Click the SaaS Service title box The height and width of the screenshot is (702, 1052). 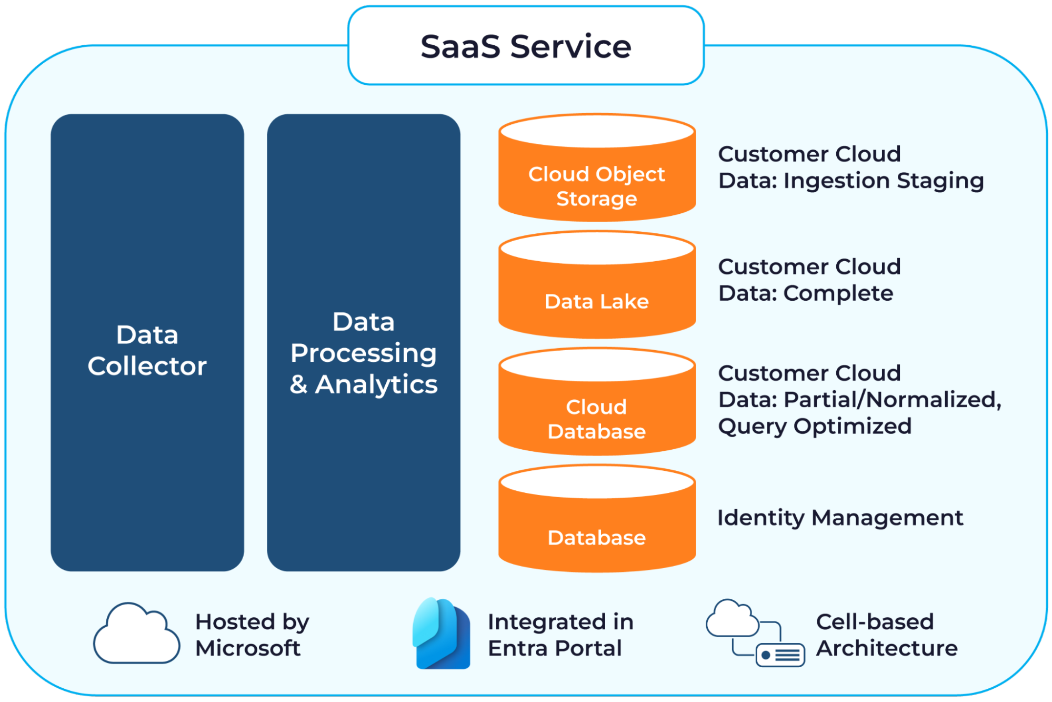(x=526, y=46)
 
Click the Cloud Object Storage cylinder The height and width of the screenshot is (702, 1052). (x=597, y=174)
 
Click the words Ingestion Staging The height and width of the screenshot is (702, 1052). (x=884, y=181)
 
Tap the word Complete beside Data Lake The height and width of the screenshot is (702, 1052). (x=838, y=293)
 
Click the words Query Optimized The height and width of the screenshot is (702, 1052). (x=815, y=426)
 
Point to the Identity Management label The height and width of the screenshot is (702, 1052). (x=840, y=518)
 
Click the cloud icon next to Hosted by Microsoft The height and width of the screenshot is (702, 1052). (x=136, y=634)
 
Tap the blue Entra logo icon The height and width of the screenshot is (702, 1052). (x=442, y=634)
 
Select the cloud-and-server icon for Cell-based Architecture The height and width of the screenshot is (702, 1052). (x=755, y=634)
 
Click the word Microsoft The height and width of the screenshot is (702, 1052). (x=248, y=648)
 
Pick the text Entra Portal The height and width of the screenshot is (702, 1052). (x=555, y=648)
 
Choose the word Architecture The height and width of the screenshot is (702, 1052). (x=887, y=648)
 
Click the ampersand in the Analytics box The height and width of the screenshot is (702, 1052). (x=298, y=384)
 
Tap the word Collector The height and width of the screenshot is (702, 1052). (x=147, y=366)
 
